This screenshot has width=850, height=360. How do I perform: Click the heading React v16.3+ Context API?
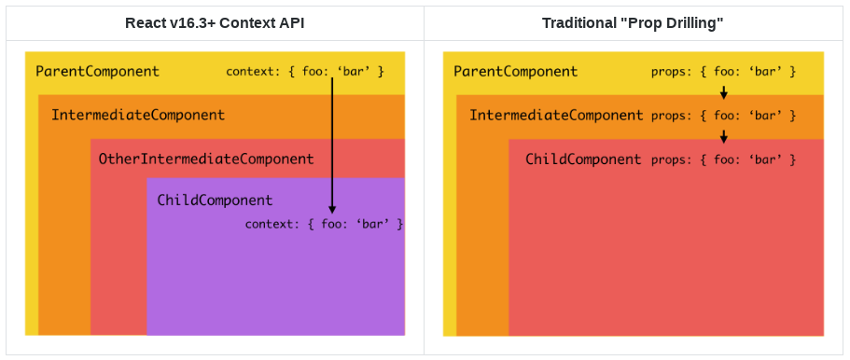[x=215, y=23]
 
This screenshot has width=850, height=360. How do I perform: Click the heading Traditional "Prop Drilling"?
[x=634, y=23]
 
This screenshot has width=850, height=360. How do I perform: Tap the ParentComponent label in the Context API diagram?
[x=98, y=71]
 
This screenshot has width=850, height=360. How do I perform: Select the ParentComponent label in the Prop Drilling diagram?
[x=516, y=71]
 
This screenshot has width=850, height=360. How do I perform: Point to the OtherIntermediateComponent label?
[x=206, y=159]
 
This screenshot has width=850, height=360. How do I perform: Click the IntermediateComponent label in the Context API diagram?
[x=138, y=115]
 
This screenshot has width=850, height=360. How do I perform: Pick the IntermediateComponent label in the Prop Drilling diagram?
[x=556, y=115]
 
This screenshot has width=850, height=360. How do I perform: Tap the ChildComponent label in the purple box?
[x=215, y=201]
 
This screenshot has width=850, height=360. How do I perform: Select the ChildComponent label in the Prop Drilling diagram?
[x=583, y=159]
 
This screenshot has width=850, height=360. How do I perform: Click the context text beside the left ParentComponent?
[x=305, y=71]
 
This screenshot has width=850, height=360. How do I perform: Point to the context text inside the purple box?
[x=324, y=224]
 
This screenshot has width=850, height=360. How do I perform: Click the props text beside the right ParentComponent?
[x=724, y=71]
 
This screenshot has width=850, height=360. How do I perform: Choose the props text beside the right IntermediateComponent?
[x=724, y=116]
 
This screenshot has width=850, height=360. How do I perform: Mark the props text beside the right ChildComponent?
[x=724, y=159]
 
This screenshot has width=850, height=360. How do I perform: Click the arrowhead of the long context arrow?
[x=332, y=209]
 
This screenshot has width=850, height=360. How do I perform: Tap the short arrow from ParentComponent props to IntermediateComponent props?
[x=724, y=92]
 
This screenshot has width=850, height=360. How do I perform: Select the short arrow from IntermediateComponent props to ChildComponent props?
[x=724, y=136]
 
